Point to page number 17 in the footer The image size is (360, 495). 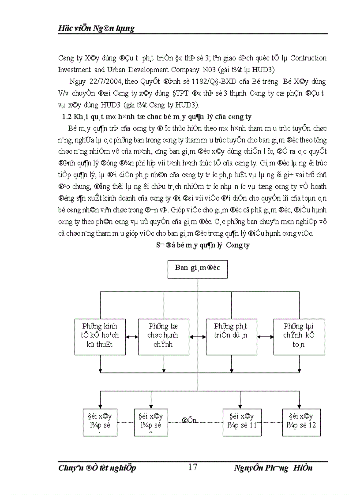tap(192, 467)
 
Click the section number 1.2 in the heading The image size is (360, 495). tap(65, 116)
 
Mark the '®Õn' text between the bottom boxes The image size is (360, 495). tap(190, 420)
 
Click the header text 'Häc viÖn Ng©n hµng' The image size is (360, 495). tap(96, 29)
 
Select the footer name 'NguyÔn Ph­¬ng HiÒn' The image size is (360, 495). tap(273, 468)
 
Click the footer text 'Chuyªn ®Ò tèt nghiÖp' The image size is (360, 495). tap(97, 468)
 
